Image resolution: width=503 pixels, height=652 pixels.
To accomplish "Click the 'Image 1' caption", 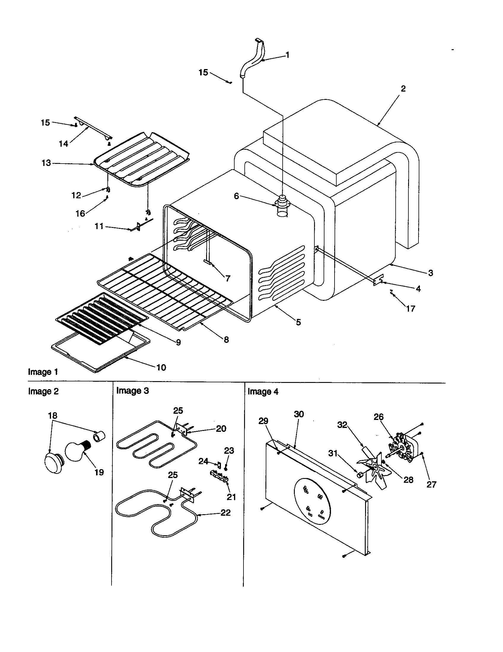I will click(x=43, y=372).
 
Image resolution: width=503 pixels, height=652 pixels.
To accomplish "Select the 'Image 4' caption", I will click(x=263, y=392).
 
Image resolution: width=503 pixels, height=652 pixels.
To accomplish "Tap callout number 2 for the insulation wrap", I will click(x=403, y=89).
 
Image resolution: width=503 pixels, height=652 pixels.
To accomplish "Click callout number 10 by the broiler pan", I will click(x=161, y=367).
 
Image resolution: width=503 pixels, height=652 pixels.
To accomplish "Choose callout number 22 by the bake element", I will click(x=225, y=513).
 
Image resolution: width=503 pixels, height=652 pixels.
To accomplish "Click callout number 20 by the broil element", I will click(x=221, y=429).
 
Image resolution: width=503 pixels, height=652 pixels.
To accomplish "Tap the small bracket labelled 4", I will click(x=378, y=281).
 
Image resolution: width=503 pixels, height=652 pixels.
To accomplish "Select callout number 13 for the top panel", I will click(x=46, y=163).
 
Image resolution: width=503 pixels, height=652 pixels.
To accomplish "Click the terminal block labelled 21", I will click(x=219, y=474).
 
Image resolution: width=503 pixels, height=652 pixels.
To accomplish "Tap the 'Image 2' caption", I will click(x=43, y=391).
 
